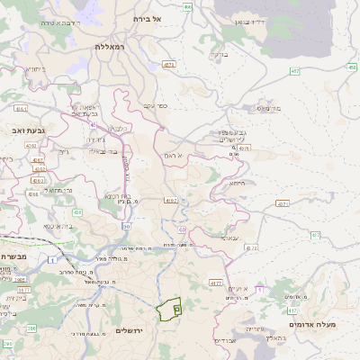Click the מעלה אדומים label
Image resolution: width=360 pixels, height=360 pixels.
[310, 322]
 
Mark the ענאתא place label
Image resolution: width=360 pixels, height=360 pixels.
[229, 238]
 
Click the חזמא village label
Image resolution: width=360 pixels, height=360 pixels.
[238, 183]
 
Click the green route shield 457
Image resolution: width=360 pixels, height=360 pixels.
[294, 70]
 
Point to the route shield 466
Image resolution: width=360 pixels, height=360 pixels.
[186, 6]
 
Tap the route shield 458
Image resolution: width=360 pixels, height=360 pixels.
[352, 66]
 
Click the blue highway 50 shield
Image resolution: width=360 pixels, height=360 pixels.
[125, 226]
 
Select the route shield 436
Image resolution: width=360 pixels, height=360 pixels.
[77, 212]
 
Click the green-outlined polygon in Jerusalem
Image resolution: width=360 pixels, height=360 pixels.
[168, 310]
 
